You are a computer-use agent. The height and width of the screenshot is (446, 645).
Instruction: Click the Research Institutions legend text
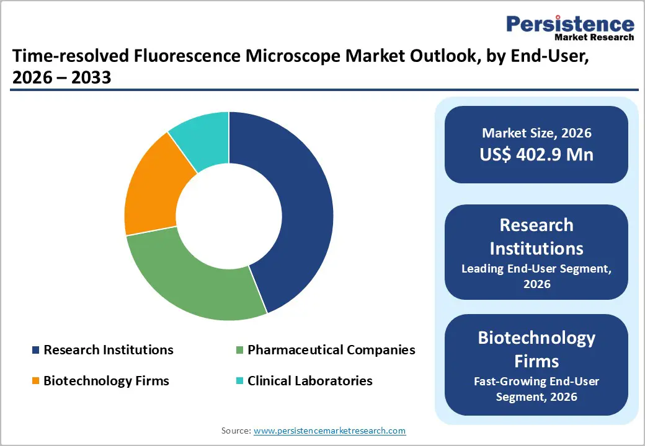click(x=109, y=350)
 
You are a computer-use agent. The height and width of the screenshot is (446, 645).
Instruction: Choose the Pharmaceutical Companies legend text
click(x=331, y=350)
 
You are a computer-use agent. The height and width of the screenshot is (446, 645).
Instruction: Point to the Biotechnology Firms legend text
click(x=106, y=380)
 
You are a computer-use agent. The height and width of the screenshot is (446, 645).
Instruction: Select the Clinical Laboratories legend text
click(x=310, y=380)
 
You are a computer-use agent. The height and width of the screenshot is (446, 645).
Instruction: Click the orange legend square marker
click(x=36, y=381)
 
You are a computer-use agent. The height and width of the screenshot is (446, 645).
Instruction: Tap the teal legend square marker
click(x=240, y=381)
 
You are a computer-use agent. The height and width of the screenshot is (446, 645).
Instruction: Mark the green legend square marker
click(x=240, y=351)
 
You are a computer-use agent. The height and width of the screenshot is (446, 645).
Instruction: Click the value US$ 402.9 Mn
click(x=536, y=154)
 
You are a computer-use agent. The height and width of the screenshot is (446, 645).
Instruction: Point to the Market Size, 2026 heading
click(x=536, y=133)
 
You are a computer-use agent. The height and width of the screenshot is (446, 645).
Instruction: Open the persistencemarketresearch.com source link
click(x=330, y=431)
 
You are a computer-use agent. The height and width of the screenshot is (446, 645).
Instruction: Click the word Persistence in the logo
click(x=570, y=24)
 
